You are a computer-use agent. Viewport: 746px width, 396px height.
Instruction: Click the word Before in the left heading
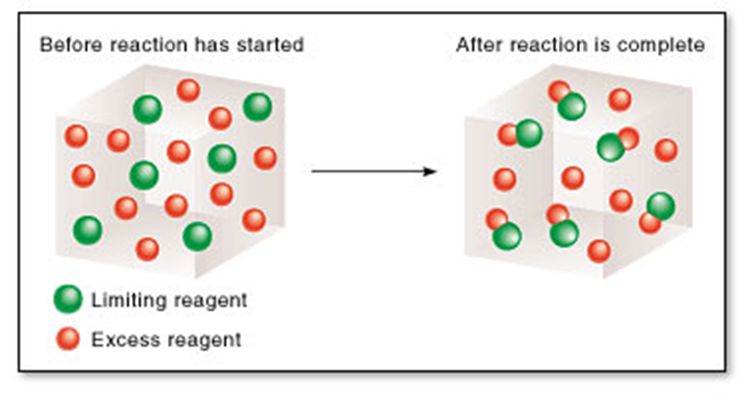click(x=66, y=45)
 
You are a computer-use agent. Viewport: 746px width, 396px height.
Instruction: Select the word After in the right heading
click(x=475, y=45)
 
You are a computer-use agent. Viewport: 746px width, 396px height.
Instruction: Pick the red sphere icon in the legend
click(x=67, y=340)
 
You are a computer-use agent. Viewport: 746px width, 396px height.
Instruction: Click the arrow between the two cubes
click(x=373, y=172)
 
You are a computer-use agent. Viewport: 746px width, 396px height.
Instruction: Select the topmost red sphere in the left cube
click(x=188, y=90)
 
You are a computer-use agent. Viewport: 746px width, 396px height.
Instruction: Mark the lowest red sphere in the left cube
click(x=147, y=249)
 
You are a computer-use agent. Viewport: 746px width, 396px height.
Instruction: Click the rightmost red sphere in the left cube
click(x=265, y=157)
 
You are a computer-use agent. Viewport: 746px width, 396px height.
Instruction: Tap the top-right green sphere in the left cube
click(x=257, y=107)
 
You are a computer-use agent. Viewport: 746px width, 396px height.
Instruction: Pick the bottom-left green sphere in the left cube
click(x=87, y=229)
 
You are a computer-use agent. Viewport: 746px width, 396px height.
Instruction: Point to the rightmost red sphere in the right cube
click(x=666, y=150)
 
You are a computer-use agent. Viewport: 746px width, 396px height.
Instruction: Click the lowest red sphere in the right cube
click(x=599, y=250)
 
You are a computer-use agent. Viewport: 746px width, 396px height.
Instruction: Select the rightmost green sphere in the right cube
click(x=660, y=206)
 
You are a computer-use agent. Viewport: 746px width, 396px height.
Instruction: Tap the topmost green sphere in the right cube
click(x=572, y=107)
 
